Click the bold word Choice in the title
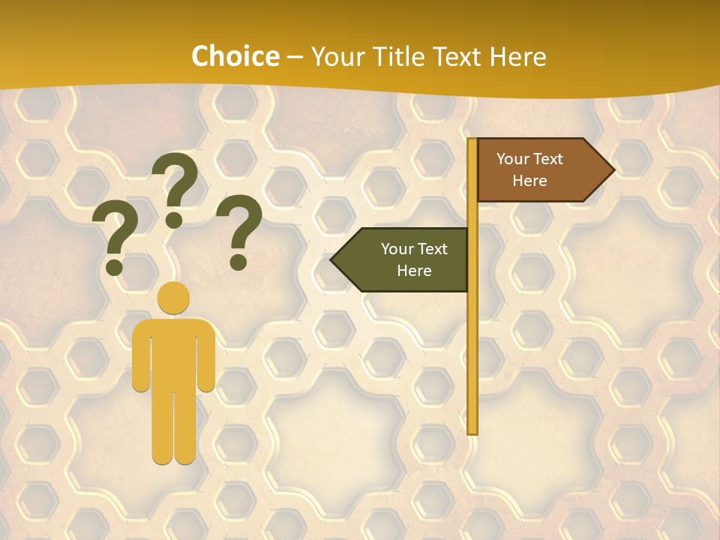[235, 57]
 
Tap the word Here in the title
[517, 57]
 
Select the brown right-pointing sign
[536, 170]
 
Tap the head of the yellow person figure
[173, 298]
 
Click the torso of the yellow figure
[173, 352]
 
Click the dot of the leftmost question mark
[115, 266]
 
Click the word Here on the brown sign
[529, 181]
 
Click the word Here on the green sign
[414, 271]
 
